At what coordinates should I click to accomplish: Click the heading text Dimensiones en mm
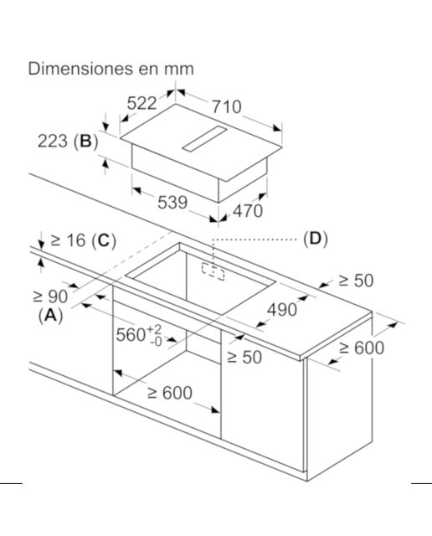coord(111,69)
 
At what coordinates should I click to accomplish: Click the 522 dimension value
coord(141,103)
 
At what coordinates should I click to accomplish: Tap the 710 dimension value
coord(227,106)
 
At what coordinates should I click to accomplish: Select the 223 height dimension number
coord(52,141)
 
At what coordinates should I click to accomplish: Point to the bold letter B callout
coord(85,141)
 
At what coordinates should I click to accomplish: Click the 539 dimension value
coord(172,203)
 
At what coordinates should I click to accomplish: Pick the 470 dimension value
coord(248,210)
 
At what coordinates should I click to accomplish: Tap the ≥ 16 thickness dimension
coord(68,240)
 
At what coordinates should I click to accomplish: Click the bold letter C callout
coord(104,240)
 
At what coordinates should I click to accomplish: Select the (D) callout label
coord(316,239)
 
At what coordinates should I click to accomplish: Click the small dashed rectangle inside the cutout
coord(213,271)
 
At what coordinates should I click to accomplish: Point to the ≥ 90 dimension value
coord(50,296)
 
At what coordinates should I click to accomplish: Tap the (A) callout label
coord(50,316)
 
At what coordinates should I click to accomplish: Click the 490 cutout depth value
coord(282,310)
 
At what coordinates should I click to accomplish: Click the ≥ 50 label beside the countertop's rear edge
coord(356,281)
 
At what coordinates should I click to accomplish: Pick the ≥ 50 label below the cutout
coord(244,358)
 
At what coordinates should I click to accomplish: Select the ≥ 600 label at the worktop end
coord(362,348)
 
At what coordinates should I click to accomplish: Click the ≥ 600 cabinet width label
coord(169,393)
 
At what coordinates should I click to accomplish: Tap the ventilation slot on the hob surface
coord(204,138)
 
